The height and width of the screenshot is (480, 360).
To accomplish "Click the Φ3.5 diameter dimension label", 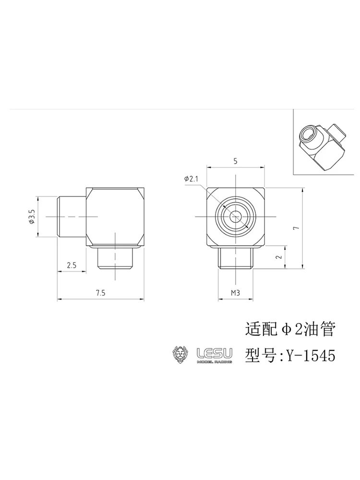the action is tap(32, 216).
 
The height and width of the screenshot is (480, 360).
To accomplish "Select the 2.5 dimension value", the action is tap(72, 265).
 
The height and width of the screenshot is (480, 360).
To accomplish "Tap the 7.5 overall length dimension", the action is tap(100, 293).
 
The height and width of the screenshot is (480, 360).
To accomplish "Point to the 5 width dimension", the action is tap(235, 161).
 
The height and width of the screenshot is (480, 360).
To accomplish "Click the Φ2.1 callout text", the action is tap(192, 179).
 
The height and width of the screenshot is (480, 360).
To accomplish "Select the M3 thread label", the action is tap(235, 293).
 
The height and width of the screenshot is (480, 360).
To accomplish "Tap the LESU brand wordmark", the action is tap(214, 354).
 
